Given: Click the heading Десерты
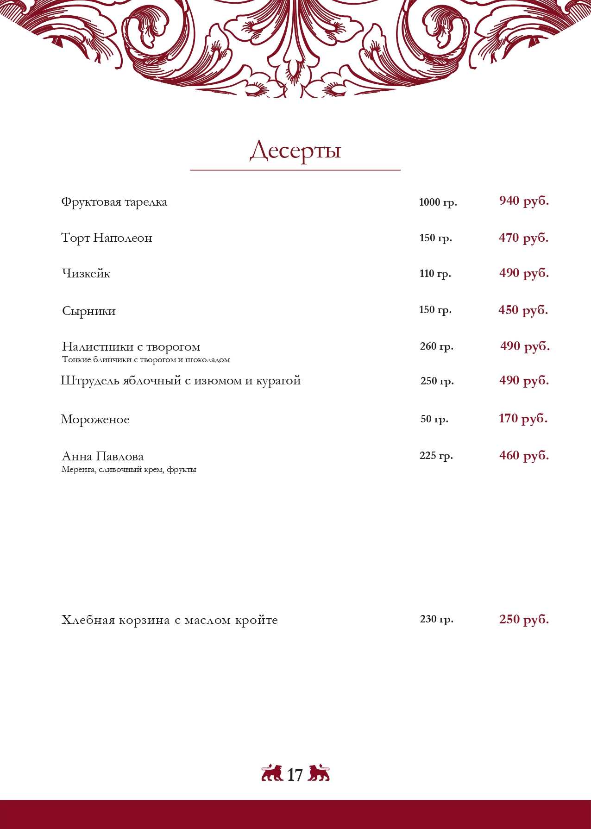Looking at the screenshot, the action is tap(295, 151).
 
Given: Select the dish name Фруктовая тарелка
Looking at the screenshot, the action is tap(114, 202).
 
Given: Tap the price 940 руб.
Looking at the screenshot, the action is tap(524, 201).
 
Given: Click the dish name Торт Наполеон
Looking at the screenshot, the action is tap(107, 238).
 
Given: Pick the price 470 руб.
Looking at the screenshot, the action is tap(523, 238).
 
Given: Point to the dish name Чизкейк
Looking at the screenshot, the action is tap(86, 274).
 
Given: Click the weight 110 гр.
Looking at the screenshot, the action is tap(435, 274).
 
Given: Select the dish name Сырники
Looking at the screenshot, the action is tap(88, 311).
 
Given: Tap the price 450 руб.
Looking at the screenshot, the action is tap(523, 310).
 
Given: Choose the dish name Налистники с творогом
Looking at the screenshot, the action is tap(131, 346).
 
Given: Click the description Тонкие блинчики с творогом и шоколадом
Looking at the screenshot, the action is tap(146, 360).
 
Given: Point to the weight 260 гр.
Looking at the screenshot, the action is tap(436, 346).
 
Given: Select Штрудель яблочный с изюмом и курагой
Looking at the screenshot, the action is tap(181, 381).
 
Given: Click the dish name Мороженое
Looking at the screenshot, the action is tap(95, 420).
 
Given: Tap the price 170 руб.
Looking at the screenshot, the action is tap(523, 419).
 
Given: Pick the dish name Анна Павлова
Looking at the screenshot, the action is tap(102, 457).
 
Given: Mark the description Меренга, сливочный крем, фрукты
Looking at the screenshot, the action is tap(129, 470).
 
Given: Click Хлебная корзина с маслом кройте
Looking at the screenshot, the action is tap(170, 620).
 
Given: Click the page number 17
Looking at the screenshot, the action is tap(295, 775).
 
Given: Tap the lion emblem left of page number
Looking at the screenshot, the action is tap(272, 773).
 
